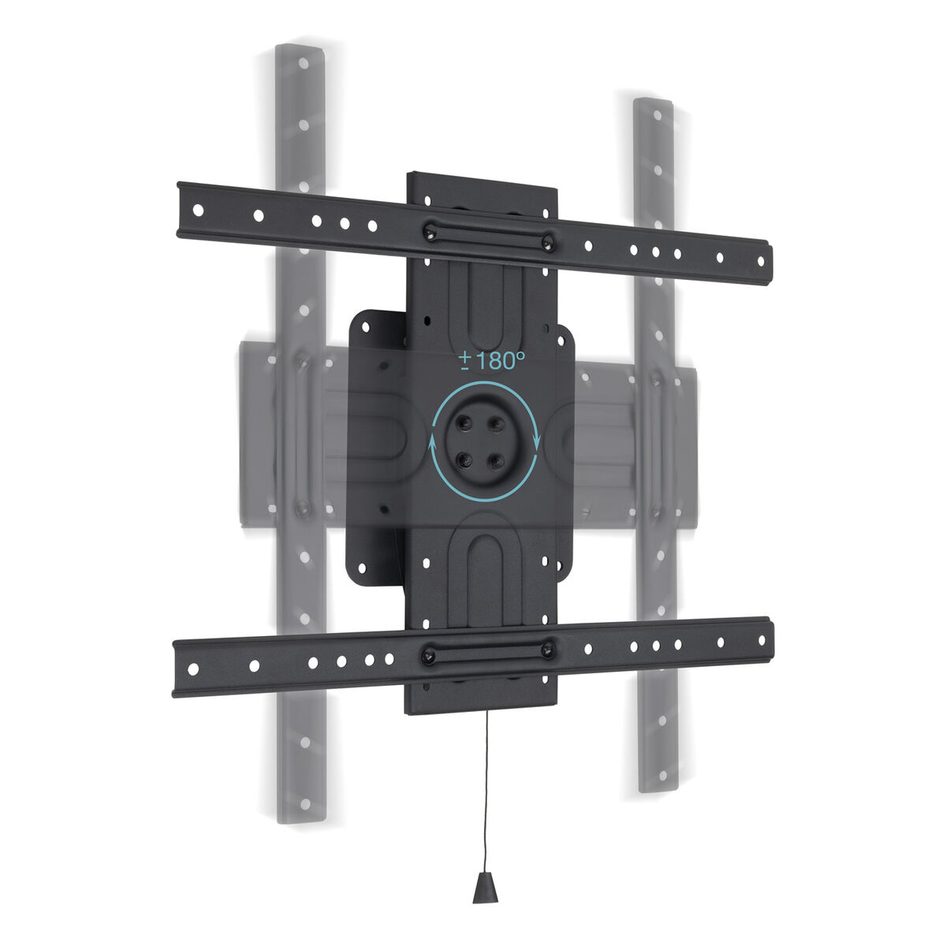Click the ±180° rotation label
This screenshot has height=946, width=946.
click(x=492, y=362)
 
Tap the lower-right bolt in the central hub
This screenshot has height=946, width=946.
click(x=496, y=461)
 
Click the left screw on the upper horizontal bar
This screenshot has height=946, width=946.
click(x=430, y=232)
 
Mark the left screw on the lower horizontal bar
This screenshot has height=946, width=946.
click(x=427, y=655)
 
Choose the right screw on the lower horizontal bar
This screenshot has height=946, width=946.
click(x=546, y=650)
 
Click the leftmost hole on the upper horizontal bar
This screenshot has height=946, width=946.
click(x=199, y=210)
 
